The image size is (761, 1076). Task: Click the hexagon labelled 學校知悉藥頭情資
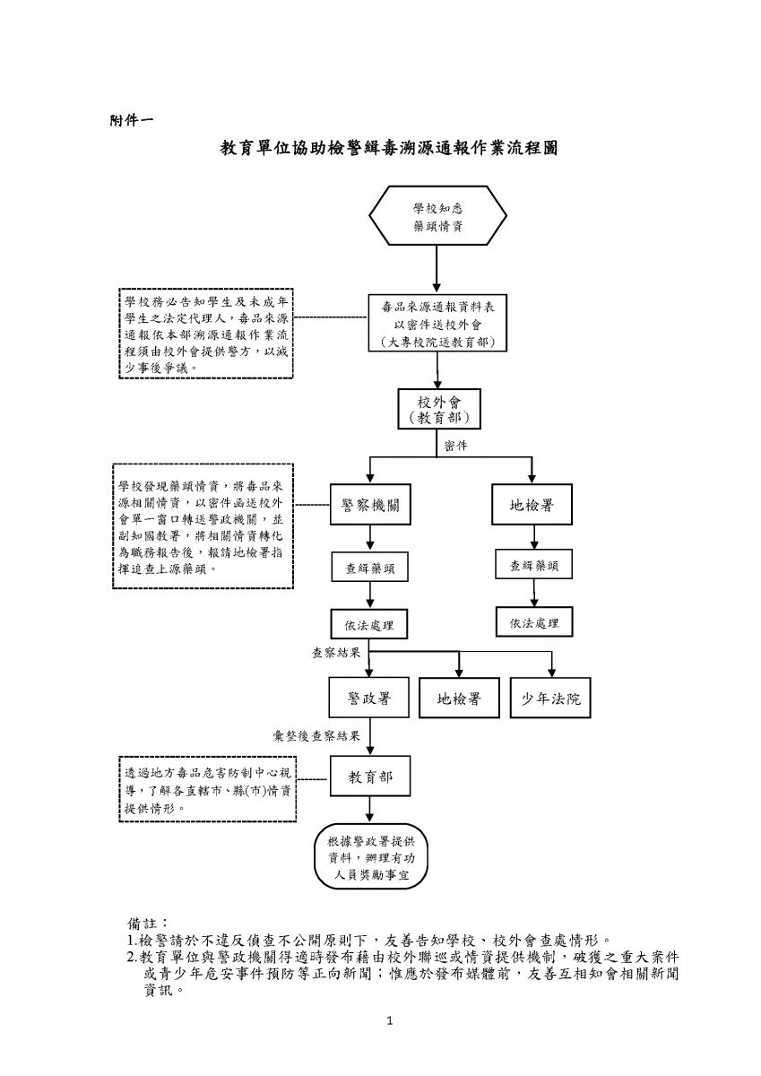(437, 215)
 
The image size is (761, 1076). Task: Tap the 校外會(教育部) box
(438, 409)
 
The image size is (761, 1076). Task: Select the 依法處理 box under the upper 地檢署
(534, 621)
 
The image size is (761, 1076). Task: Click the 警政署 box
(368, 698)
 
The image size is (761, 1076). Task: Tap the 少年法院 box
(551, 698)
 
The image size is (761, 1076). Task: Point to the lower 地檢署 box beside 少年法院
(459, 698)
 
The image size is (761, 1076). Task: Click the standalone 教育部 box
(369, 777)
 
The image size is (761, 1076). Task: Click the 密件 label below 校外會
(456, 446)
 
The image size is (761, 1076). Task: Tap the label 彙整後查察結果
(316, 736)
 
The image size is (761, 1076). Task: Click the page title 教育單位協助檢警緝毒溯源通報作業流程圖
(390, 148)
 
